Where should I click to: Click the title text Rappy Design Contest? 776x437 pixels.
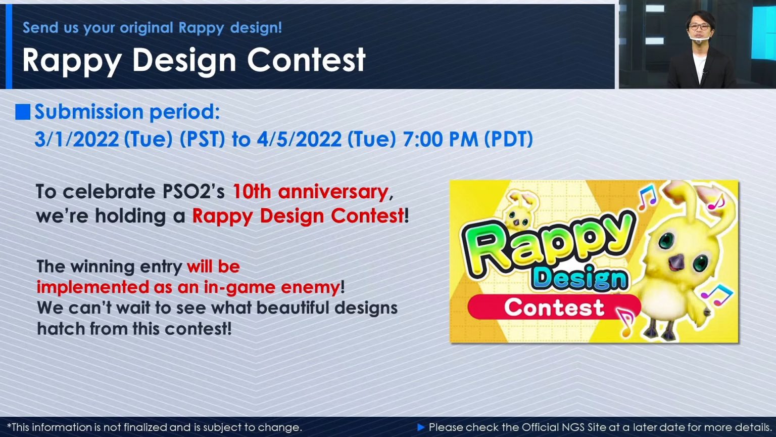click(193, 60)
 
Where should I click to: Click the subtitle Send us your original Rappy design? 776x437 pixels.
click(152, 27)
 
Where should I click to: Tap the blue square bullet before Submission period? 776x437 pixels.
click(23, 112)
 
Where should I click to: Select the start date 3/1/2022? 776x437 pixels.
click(76, 140)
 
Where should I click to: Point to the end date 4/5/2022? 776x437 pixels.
click(299, 140)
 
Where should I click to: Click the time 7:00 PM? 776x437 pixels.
click(440, 140)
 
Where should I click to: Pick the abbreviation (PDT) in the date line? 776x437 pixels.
click(508, 140)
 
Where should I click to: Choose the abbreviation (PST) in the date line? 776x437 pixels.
click(202, 140)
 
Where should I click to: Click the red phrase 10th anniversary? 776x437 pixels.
click(310, 192)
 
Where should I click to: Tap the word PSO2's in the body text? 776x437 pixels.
click(193, 192)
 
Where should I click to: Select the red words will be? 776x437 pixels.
click(213, 267)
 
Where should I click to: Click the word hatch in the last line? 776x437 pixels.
click(61, 329)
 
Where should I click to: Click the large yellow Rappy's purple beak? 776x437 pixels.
click(676, 262)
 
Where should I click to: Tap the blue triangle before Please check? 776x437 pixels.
click(421, 427)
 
